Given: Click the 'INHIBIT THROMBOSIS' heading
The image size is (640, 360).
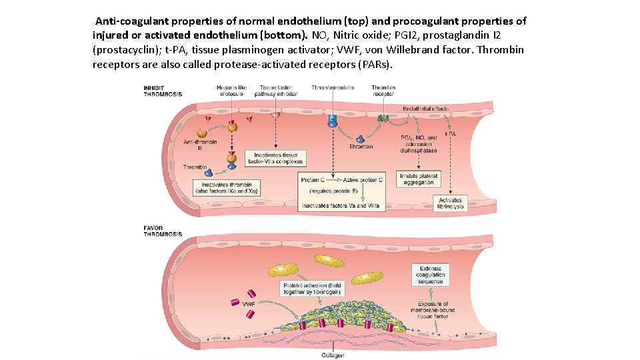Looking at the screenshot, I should click(163, 91).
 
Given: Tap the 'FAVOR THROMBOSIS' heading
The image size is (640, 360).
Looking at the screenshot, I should click(163, 231).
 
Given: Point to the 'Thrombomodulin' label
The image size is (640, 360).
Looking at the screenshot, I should click(332, 87).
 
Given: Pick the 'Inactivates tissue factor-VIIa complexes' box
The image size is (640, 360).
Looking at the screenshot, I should click(275, 158).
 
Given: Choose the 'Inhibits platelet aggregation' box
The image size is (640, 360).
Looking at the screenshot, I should click(419, 179).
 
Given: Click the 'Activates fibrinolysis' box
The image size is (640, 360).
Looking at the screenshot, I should click(451, 203).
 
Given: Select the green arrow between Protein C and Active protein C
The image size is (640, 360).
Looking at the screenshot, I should click(331, 180).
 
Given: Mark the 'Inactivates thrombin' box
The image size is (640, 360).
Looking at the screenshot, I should click(226, 188).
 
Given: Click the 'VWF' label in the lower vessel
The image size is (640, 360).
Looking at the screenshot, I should click(249, 304).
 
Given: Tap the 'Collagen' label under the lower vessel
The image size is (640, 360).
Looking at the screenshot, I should click(331, 355).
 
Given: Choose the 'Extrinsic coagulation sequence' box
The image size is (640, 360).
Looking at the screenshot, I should click(430, 274).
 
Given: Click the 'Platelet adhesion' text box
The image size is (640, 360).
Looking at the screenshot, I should click(311, 288).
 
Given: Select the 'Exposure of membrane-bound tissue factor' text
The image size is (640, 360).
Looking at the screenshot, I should click(432, 310).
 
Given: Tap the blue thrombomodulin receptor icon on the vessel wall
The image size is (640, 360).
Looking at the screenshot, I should click(332, 121).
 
